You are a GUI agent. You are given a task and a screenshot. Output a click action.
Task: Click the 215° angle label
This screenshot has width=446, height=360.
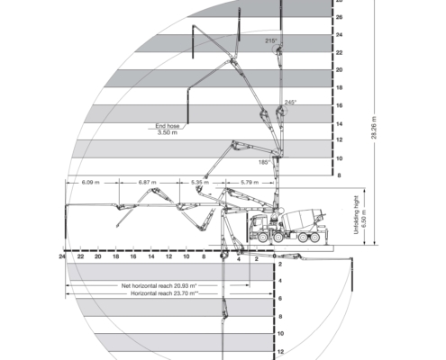[271, 40]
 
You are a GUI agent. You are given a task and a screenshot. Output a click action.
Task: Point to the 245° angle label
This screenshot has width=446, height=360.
[290, 103]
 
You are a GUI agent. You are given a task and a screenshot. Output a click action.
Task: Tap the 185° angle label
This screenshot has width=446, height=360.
[264, 162]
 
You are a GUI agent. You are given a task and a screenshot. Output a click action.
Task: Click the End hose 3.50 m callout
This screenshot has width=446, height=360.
[168, 130]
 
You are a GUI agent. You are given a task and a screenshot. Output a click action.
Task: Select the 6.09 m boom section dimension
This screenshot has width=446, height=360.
[90, 183]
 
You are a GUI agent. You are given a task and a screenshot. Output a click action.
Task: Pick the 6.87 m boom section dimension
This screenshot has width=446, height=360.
[148, 183]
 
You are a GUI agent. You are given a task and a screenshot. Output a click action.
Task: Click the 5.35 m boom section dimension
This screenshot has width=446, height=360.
[200, 183]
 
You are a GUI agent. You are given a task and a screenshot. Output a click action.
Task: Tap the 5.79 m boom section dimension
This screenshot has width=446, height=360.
[250, 183]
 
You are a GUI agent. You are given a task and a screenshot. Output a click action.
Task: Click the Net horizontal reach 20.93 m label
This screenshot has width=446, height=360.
[159, 285]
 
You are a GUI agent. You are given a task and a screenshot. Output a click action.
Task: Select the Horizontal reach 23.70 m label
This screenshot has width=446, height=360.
[164, 293]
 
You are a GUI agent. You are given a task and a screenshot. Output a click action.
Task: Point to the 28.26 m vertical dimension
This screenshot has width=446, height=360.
[374, 128]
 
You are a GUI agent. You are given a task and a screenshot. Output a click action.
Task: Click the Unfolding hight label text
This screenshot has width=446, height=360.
[357, 215]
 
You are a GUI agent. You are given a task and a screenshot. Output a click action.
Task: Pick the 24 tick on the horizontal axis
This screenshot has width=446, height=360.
[62, 256]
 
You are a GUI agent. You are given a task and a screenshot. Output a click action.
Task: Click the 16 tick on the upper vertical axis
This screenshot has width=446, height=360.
[339, 105]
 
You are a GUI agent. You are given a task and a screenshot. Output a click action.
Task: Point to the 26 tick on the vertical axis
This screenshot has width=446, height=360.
[339, 17]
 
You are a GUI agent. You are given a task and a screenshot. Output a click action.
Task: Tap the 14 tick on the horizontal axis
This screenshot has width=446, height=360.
[151, 256]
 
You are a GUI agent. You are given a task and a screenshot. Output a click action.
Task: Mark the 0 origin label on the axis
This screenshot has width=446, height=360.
[275, 256]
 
